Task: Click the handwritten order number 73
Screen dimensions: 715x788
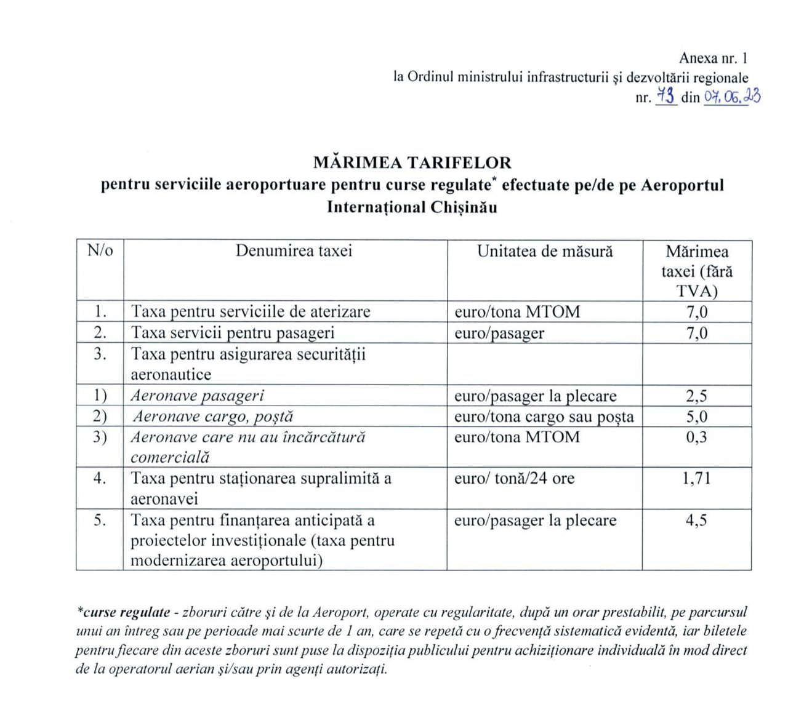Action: click(x=665, y=96)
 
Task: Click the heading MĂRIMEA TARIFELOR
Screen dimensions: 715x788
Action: click(x=412, y=162)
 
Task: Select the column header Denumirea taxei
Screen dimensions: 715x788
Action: click(x=294, y=251)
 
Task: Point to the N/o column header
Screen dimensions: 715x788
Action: click(x=100, y=251)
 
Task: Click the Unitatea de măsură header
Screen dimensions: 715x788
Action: click(x=545, y=251)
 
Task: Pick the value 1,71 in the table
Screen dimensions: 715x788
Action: click(x=696, y=478)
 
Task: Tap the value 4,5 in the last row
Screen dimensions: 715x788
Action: click(x=696, y=520)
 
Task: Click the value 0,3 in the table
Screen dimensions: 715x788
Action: click(x=696, y=437)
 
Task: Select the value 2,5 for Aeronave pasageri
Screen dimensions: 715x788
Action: click(x=696, y=396)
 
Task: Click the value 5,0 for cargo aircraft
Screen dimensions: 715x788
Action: click(x=696, y=417)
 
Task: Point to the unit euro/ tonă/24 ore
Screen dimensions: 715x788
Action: click(x=514, y=478)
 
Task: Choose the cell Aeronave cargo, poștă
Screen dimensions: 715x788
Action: click(x=213, y=417)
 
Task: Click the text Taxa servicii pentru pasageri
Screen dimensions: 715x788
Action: click(x=233, y=333)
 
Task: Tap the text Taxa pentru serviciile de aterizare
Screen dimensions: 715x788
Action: click(x=251, y=311)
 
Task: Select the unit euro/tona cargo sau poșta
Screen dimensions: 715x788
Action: click(x=544, y=417)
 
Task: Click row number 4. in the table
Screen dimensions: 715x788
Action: click(x=100, y=478)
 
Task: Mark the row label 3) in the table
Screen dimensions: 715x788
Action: click(x=100, y=437)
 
